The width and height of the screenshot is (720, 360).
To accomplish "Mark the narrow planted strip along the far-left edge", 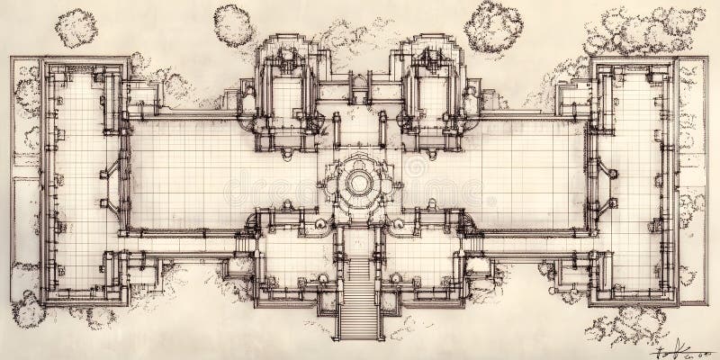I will point(24,180).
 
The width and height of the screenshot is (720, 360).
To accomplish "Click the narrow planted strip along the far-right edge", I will point(693,180).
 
